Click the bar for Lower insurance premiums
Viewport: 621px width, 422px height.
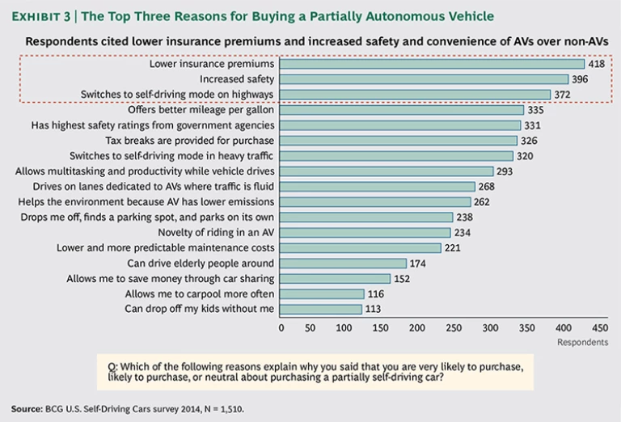pyautogui.click(x=433, y=64)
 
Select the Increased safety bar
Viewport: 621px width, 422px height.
pyautogui.click(x=425, y=79)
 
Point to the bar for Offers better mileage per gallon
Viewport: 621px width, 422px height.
pyautogui.click(x=401, y=110)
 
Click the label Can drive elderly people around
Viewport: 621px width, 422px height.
pyautogui.click(x=201, y=264)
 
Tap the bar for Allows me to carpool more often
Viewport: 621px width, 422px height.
pyautogui.click(x=322, y=294)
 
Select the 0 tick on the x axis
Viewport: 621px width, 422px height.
pyautogui.click(x=281, y=328)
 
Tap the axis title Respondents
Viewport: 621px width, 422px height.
pyautogui.click(x=582, y=343)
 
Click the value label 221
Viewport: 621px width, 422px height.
pyautogui.click(x=453, y=248)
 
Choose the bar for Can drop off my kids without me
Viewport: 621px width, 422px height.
pyautogui.click(x=321, y=310)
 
